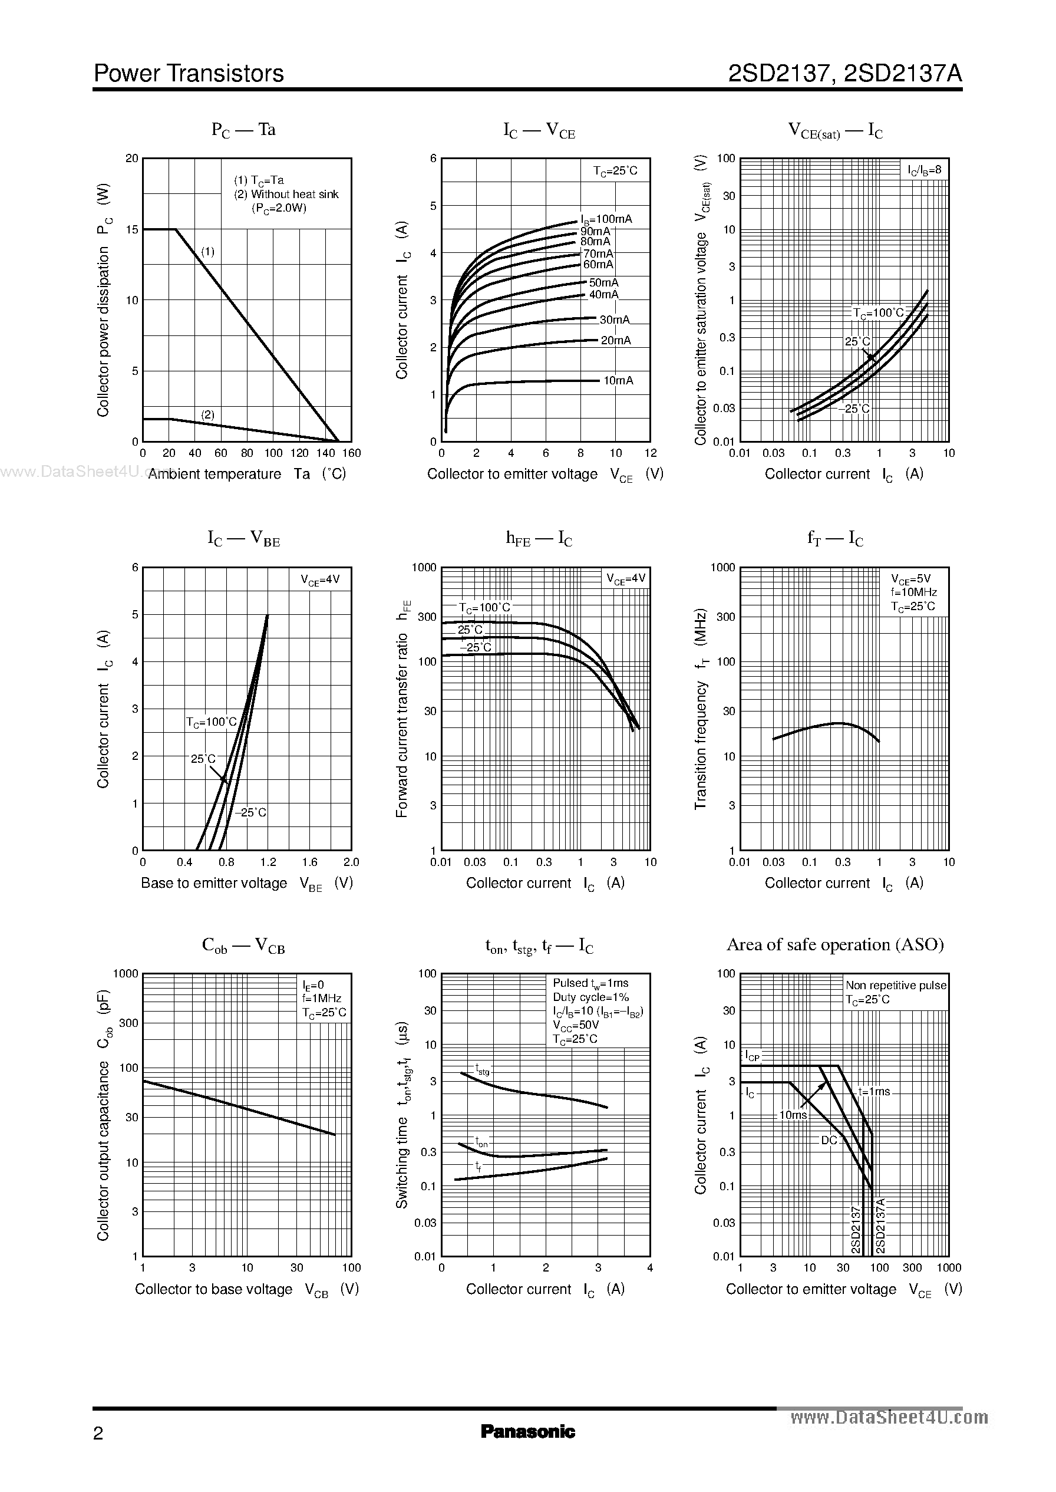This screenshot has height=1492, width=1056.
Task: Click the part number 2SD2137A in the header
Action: pyautogui.click(x=903, y=74)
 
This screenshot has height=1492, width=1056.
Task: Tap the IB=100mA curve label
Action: pyautogui.click(x=606, y=219)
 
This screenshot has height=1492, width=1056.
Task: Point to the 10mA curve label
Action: pyautogui.click(x=618, y=380)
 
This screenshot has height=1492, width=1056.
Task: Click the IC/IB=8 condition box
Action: pyautogui.click(x=924, y=170)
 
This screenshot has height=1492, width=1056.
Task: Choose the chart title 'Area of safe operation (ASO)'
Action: pyautogui.click(x=835, y=944)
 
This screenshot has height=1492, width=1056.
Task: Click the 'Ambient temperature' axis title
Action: pyautogui.click(x=214, y=474)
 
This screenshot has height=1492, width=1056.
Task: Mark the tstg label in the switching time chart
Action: pyautogui.click(x=483, y=1069)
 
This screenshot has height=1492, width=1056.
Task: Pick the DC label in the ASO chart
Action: pyautogui.click(x=829, y=1140)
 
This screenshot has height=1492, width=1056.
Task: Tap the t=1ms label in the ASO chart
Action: pyautogui.click(x=874, y=1091)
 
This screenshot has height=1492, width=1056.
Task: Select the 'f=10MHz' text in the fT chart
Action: pyautogui.click(x=913, y=592)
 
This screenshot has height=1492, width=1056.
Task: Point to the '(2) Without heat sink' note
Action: pyautogui.click(x=286, y=194)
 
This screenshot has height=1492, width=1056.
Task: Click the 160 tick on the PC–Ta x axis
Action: pyautogui.click(x=351, y=453)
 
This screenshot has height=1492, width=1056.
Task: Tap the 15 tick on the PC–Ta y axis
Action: pyautogui.click(x=132, y=229)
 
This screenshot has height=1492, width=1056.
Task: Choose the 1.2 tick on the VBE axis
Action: pyautogui.click(x=268, y=862)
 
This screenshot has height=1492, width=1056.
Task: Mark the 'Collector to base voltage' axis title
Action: pyautogui.click(x=213, y=1289)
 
